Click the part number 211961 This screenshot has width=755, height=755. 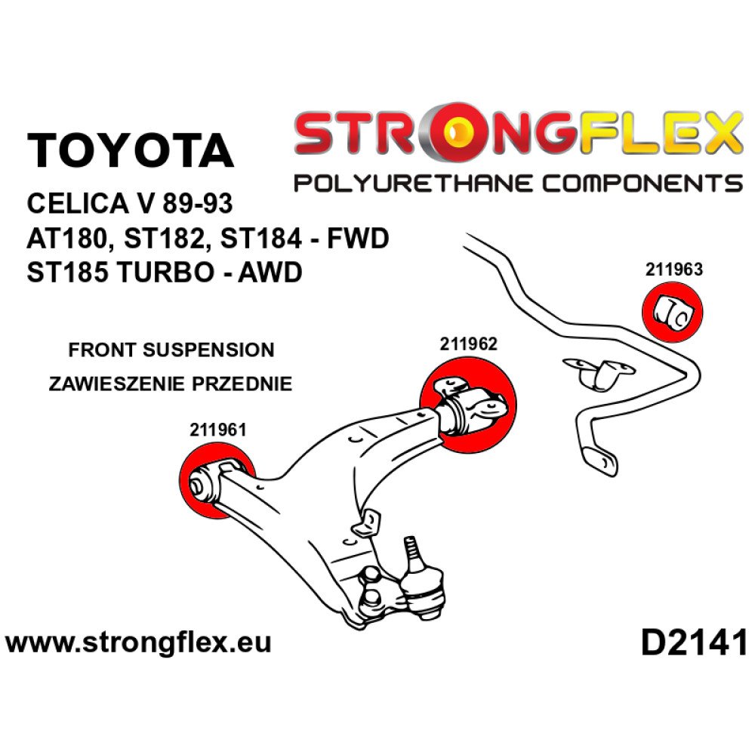[219, 430]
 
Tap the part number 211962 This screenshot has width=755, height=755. [468, 344]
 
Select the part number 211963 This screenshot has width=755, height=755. [673, 268]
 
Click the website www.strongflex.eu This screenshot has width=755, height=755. [137, 644]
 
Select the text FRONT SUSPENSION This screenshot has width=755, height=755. [171, 350]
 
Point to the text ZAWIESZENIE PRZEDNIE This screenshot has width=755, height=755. [170, 384]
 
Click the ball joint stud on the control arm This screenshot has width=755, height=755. [411, 549]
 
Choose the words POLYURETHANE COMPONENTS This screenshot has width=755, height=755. [517, 183]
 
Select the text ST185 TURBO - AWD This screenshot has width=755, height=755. [164, 272]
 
